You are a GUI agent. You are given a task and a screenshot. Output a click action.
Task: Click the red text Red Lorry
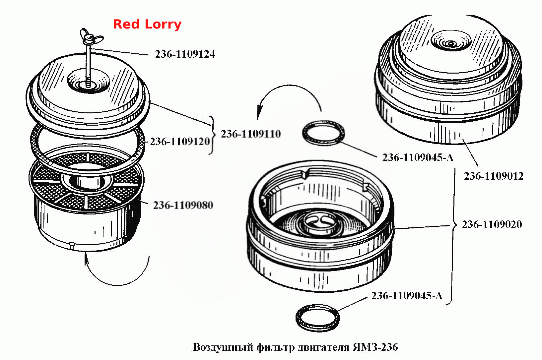click(x=147, y=24)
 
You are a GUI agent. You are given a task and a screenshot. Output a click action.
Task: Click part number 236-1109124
click(x=185, y=54)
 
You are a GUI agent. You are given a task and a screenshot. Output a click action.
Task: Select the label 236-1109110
click(x=251, y=134)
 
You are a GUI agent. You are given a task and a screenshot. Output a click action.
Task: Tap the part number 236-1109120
click(x=180, y=142)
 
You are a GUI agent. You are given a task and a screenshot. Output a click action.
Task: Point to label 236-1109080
click(x=183, y=205)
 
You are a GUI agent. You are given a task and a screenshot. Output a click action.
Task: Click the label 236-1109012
click(x=494, y=176)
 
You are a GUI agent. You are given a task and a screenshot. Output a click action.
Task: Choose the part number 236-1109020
click(x=492, y=224)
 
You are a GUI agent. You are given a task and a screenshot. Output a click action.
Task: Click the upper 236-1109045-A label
click(x=418, y=157)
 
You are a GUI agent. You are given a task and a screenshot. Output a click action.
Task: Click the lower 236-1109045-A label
click(x=407, y=296)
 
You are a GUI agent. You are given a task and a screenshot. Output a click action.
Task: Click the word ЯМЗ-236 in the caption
click(x=375, y=347)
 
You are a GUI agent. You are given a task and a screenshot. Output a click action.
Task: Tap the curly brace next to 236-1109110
click(x=212, y=135)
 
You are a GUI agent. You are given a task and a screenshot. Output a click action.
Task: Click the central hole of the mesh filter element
click(x=88, y=181)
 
